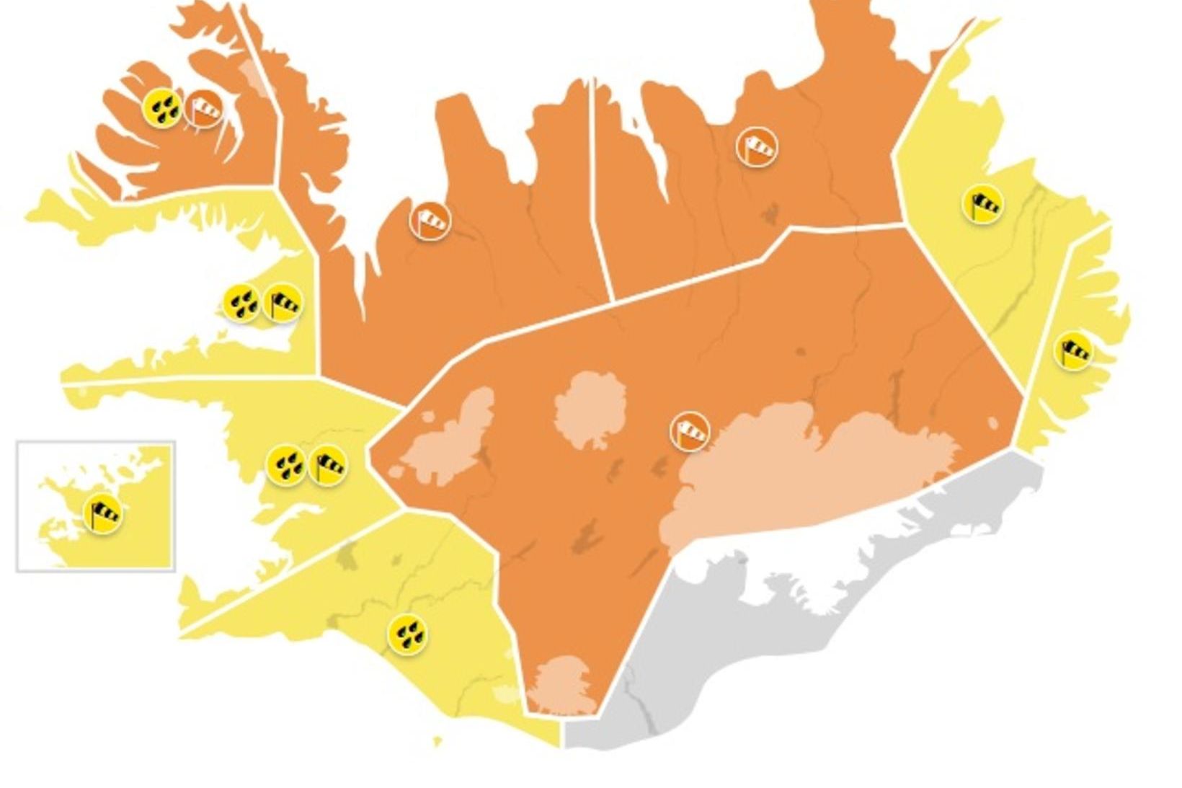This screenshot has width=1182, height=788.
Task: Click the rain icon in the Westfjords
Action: [x=162, y=108]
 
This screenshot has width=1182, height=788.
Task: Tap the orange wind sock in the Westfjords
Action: [x=204, y=110]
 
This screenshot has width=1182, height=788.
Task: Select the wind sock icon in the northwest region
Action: [x=430, y=220]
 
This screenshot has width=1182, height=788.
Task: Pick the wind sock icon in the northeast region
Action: [x=757, y=147]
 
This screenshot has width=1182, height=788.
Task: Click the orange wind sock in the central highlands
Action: [x=690, y=432]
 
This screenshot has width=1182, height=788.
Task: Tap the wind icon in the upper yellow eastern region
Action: [x=983, y=204]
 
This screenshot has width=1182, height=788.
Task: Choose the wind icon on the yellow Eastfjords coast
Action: [x=1073, y=352]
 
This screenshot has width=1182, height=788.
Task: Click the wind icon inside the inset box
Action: [x=103, y=514]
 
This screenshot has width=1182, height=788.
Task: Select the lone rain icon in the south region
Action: [x=407, y=634]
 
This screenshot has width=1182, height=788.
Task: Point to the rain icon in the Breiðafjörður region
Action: [x=241, y=304]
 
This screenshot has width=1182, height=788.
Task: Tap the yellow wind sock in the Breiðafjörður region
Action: [x=283, y=304]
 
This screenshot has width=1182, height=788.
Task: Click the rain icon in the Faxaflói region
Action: [x=286, y=465]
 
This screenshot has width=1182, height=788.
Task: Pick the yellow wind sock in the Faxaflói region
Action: [x=328, y=465]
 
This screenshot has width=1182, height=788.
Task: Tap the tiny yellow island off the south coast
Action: [x=437, y=740]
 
